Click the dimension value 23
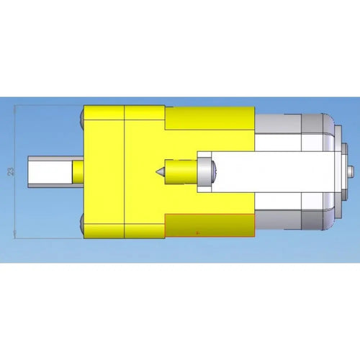[x=11, y=172]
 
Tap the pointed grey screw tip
[x=160, y=171]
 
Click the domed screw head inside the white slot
[x=214, y=172]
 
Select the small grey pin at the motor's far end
[x=351, y=172]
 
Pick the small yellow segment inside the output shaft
[x=78, y=172]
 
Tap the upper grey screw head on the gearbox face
[x=81, y=117]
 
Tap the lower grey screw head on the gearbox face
[x=81, y=225]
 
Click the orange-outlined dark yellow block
[x=210, y=225]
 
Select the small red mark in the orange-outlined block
[x=197, y=233]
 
